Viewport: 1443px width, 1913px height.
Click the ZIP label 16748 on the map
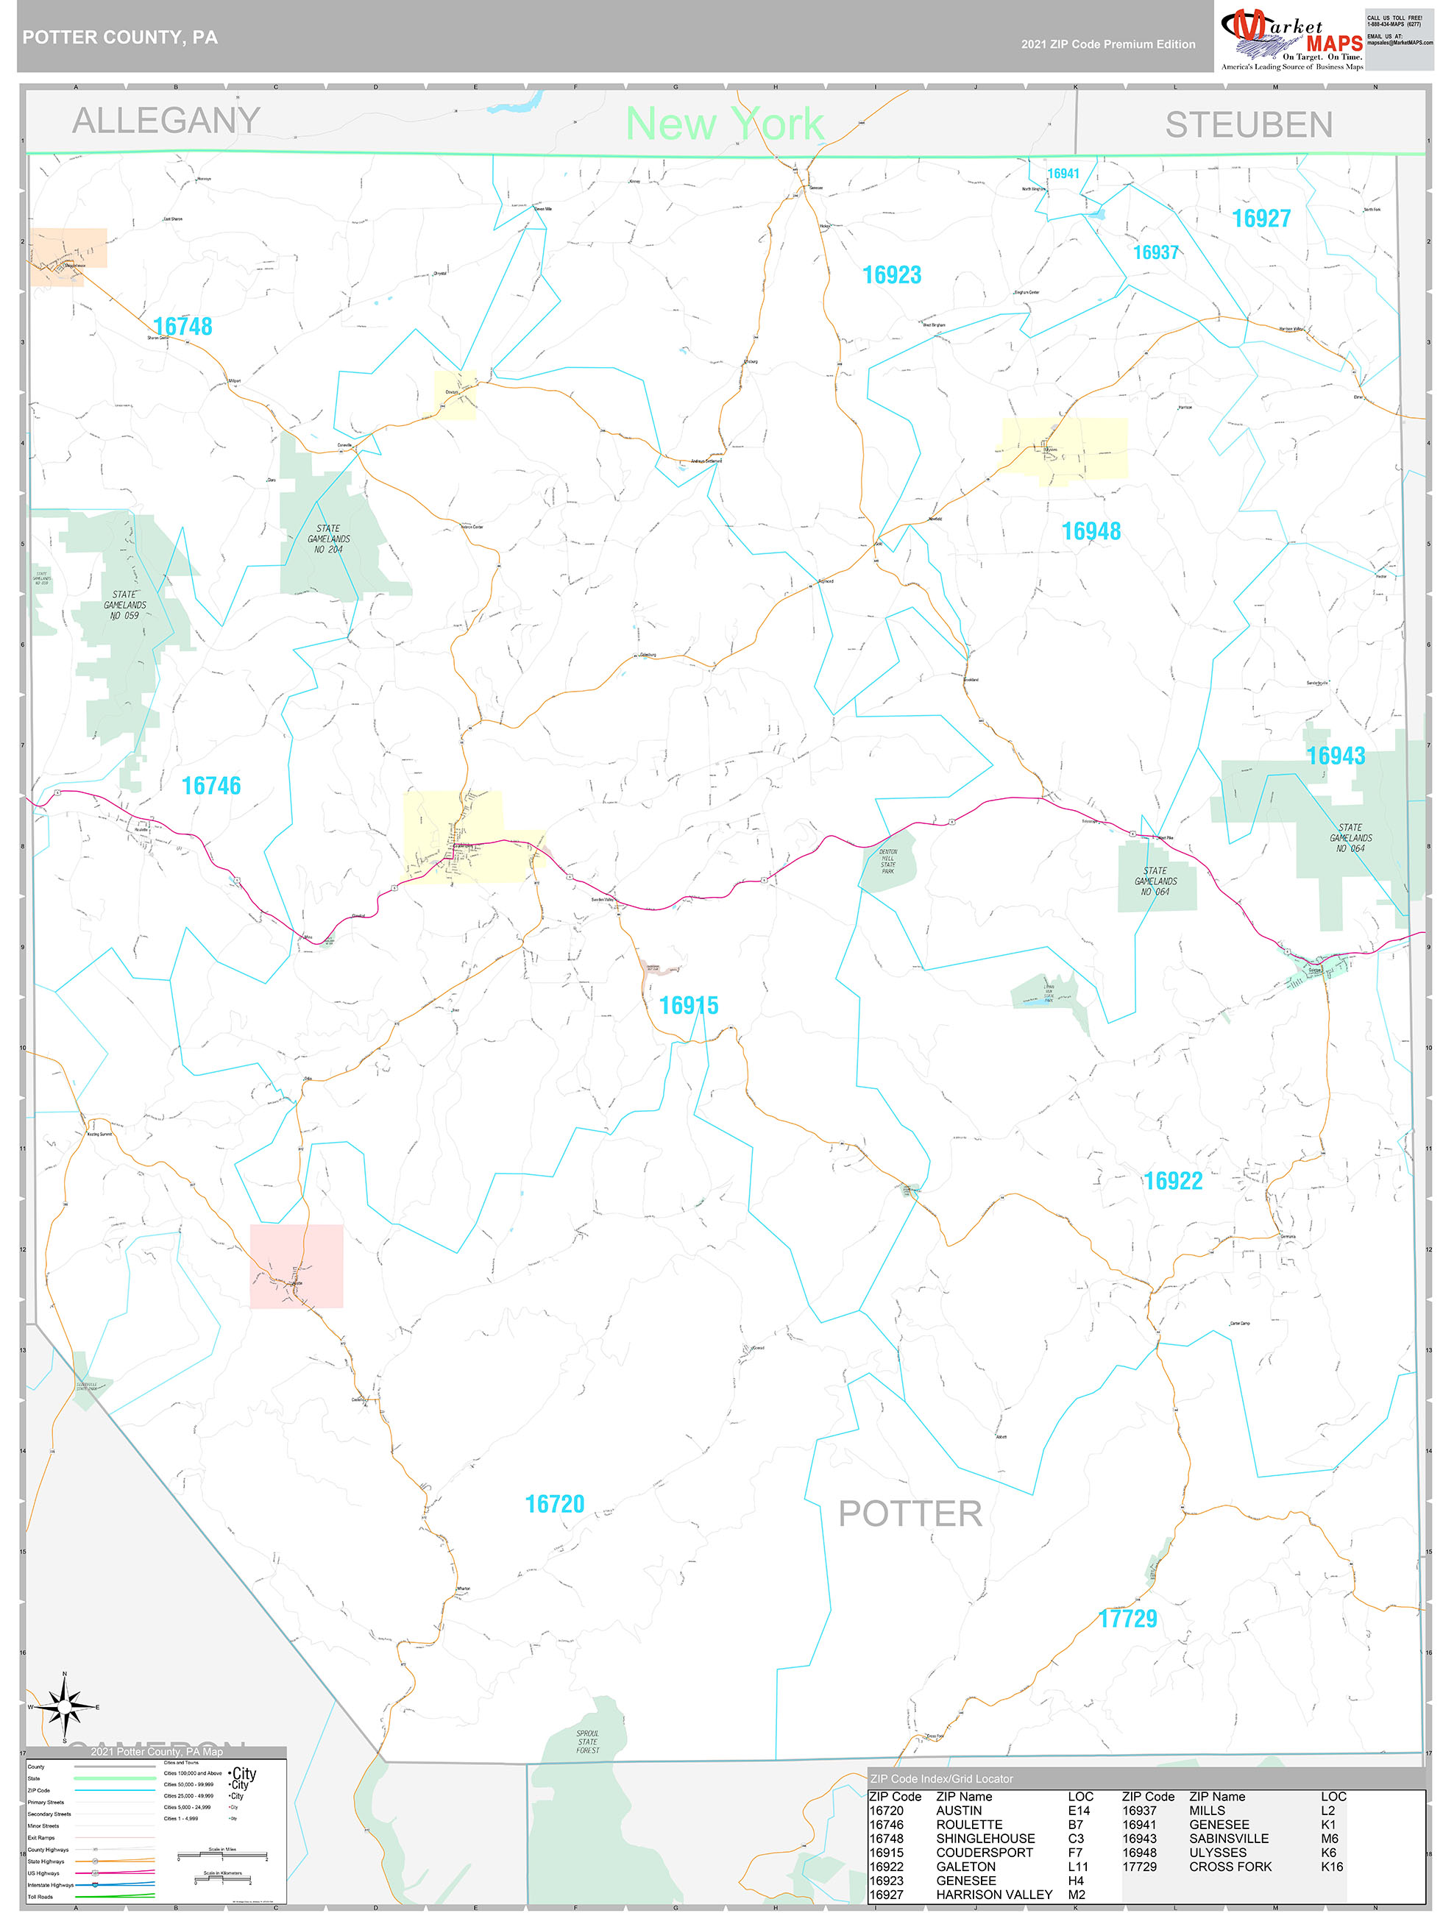click(x=182, y=326)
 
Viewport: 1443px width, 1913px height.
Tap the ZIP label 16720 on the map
click(x=555, y=1504)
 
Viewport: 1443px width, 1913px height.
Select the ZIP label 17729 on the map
click(x=1127, y=1619)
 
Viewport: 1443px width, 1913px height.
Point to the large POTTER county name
click(x=910, y=1514)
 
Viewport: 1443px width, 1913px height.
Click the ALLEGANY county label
click(x=166, y=120)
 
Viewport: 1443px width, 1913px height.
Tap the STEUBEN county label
click(x=1248, y=125)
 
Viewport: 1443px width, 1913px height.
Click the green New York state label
click(x=724, y=124)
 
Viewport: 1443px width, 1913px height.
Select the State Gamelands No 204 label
click(x=328, y=539)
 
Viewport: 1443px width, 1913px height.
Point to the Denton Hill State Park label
click(x=887, y=861)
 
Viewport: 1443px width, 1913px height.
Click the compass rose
click(x=64, y=1706)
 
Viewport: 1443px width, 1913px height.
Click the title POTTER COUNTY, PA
click(x=120, y=38)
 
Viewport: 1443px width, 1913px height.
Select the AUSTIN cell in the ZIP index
click(x=959, y=1810)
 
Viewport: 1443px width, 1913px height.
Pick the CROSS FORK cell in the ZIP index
click(x=1230, y=1867)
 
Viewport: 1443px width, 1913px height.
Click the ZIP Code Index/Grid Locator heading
click(x=941, y=1778)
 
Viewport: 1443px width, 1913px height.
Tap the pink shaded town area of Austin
click(x=296, y=1266)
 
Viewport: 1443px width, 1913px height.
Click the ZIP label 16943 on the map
click(x=1335, y=756)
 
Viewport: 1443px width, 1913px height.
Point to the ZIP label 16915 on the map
click(x=689, y=1005)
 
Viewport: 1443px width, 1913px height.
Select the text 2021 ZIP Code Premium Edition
click(x=1107, y=44)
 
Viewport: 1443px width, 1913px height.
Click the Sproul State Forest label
click(x=587, y=1742)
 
